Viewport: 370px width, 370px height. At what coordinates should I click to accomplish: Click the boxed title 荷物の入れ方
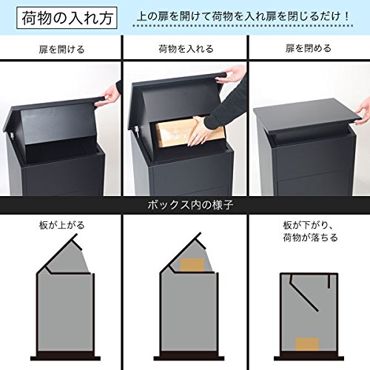[x=67, y=18]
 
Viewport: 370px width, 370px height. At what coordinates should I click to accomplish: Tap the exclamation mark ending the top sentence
[x=347, y=16]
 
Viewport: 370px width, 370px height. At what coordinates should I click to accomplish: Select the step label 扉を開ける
[x=61, y=50]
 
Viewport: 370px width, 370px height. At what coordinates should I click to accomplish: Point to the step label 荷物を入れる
[x=186, y=49]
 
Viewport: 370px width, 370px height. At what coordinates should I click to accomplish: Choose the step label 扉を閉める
[x=309, y=48]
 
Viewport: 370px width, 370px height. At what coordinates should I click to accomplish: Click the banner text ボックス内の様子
[x=190, y=205]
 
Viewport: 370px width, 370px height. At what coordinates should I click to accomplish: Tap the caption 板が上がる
[x=61, y=225]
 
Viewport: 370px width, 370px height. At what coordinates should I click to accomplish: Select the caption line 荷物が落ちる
[x=310, y=238]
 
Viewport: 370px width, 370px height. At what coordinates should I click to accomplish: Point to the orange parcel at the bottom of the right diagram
[x=307, y=344]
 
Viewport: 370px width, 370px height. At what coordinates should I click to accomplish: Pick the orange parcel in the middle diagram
[x=192, y=265]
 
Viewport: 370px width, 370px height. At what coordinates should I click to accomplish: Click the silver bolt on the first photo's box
[x=11, y=135]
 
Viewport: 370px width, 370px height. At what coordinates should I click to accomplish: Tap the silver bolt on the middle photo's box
[x=136, y=129]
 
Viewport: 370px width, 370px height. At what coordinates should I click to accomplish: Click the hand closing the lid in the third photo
[x=363, y=113]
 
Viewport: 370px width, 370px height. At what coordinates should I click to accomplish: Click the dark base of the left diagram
[x=65, y=358]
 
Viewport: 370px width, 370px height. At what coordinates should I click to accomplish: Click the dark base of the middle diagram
[x=189, y=358]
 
